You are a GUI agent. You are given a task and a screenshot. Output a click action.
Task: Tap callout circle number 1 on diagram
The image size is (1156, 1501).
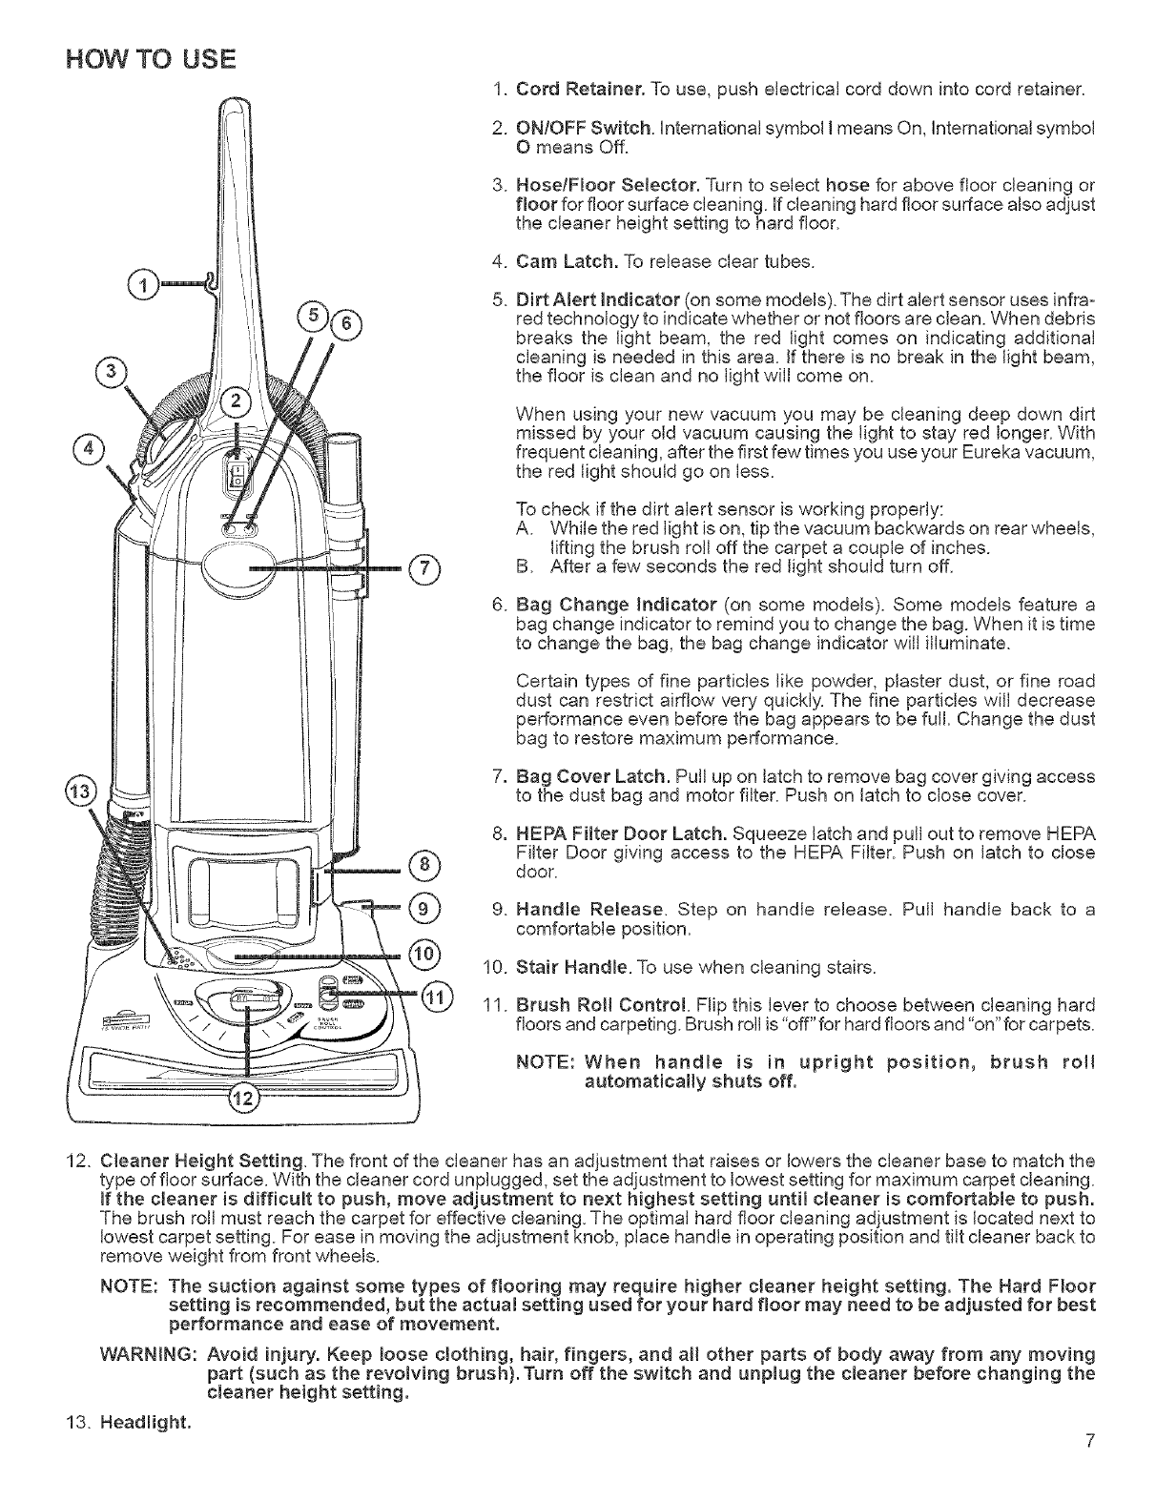(143, 285)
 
